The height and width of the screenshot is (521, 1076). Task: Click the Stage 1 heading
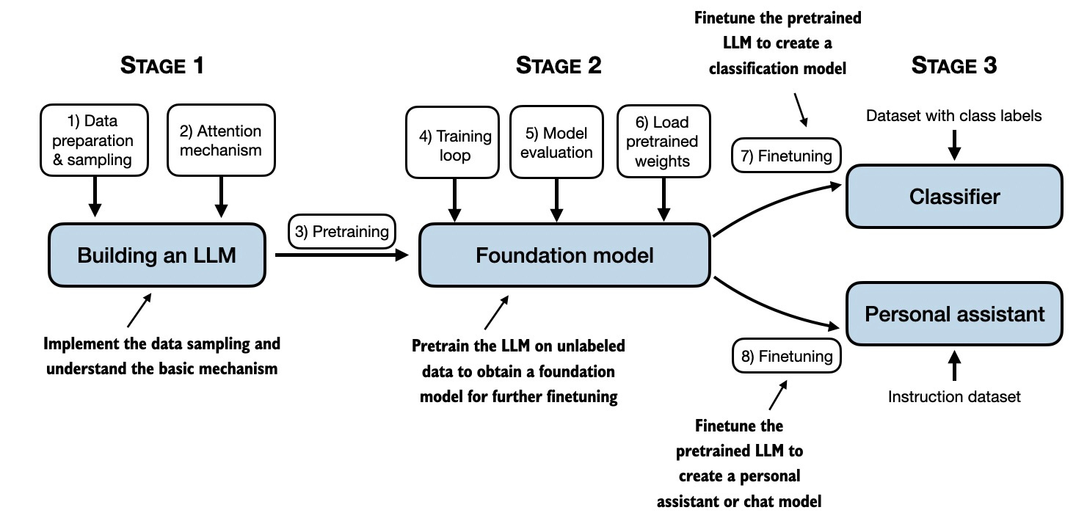161,66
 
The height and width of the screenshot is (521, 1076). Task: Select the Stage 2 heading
559,66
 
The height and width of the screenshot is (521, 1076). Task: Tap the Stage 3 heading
954,66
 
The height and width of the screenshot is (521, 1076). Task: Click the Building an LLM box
156,255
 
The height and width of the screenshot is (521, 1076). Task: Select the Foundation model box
564,255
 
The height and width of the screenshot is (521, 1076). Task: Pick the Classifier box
954,197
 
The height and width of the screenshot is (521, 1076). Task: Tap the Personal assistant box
954,314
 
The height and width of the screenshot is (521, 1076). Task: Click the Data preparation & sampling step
95,140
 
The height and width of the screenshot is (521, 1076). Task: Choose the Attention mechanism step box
221,140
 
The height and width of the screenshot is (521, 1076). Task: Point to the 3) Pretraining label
342,232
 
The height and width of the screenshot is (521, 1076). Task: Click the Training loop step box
455,145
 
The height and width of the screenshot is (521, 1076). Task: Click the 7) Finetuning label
786,156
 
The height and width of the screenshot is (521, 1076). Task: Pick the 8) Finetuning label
786,357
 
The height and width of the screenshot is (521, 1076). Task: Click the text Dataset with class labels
954,115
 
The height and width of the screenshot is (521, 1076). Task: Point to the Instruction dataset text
954,397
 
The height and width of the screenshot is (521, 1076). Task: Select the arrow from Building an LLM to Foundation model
341,255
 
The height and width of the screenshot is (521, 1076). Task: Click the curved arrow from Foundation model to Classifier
778,202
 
